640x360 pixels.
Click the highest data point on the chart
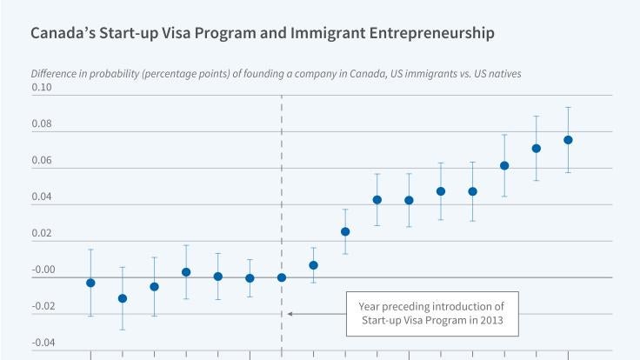tap(568, 140)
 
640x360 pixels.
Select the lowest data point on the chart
tap(123, 298)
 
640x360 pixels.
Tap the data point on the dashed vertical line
tap(282, 277)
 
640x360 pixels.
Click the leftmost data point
tap(90, 283)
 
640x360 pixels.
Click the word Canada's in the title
tap(64, 35)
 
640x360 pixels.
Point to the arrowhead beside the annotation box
tap(290, 313)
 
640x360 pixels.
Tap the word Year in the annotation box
tap(370, 305)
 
